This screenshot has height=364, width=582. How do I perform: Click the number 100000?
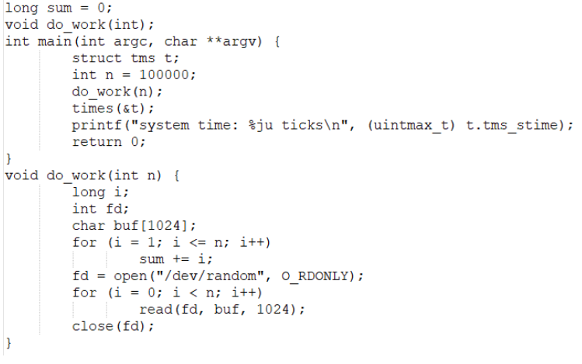point(167,75)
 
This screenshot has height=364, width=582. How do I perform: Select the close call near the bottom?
point(92,326)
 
